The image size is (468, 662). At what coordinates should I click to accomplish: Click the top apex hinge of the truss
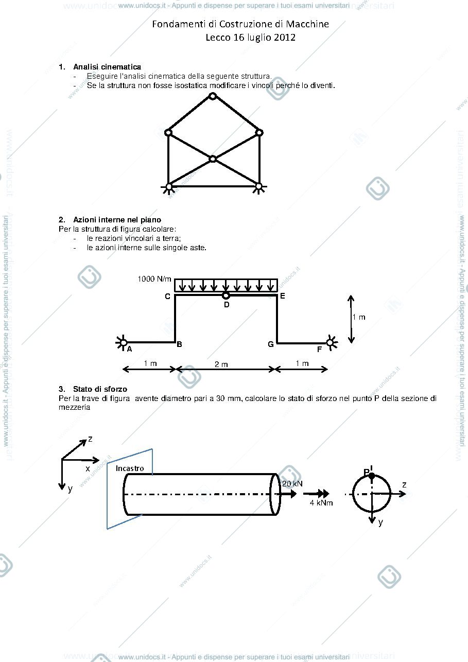pyautogui.click(x=213, y=96)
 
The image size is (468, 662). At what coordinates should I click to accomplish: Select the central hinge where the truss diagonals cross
pyautogui.click(x=213, y=159)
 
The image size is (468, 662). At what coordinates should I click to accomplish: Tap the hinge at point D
pyautogui.click(x=226, y=295)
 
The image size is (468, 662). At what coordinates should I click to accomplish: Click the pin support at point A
pyautogui.click(x=122, y=343)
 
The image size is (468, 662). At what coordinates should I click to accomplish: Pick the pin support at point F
pyautogui.click(x=331, y=343)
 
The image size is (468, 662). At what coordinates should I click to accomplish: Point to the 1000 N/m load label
pyautogui.click(x=154, y=279)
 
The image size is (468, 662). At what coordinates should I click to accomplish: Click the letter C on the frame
pyautogui.click(x=167, y=297)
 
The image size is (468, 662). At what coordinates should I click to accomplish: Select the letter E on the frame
pyautogui.click(x=282, y=296)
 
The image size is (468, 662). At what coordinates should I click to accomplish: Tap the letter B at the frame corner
pyautogui.click(x=179, y=344)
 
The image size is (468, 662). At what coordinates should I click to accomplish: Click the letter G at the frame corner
pyautogui.click(x=270, y=344)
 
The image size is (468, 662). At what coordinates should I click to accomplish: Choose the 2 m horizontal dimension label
pyautogui.click(x=221, y=364)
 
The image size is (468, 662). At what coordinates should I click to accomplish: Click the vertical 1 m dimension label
pyautogui.click(x=359, y=317)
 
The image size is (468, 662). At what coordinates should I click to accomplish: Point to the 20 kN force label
pyautogui.click(x=292, y=484)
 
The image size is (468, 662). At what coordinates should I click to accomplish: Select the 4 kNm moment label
pyautogui.click(x=321, y=503)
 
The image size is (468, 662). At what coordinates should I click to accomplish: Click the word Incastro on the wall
pyautogui.click(x=130, y=468)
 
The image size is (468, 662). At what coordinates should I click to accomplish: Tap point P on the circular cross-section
pyautogui.click(x=372, y=476)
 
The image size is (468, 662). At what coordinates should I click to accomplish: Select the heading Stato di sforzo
pyautogui.click(x=100, y=389)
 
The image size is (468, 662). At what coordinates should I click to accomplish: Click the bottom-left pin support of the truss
pyautogui.click(x=168, y=187)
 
